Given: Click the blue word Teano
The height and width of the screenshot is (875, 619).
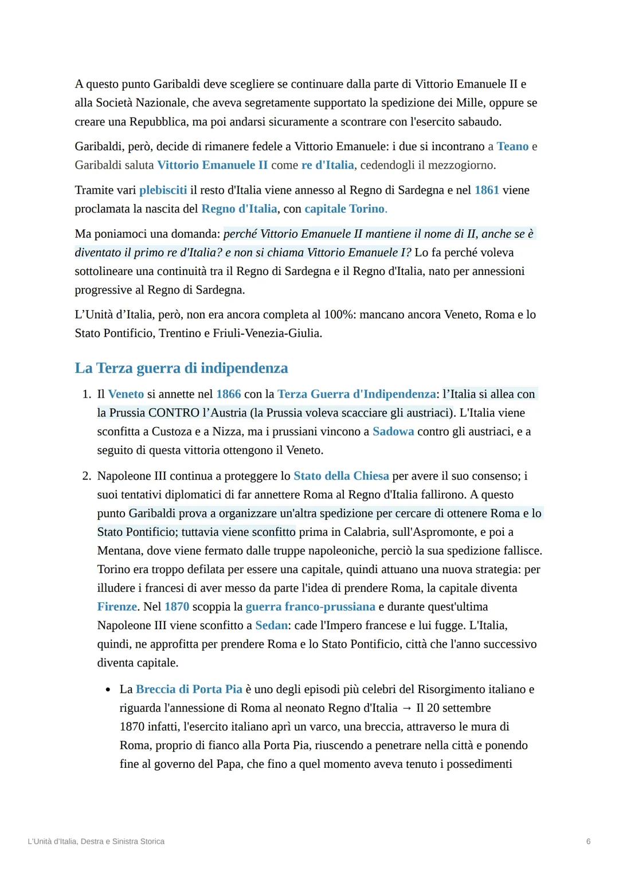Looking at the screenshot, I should click(512, 146).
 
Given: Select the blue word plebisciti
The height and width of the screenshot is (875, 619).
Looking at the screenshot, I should click(163, 190).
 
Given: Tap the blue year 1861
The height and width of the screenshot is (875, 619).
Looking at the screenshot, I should click(487, 190).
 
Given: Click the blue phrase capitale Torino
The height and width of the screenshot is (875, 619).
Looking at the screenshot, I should click(344, 209).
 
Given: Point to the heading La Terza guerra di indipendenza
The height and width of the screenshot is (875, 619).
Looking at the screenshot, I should click(181, 368).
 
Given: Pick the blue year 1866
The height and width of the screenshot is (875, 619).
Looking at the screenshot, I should click(228, 394).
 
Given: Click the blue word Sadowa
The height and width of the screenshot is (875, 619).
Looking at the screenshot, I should click(393, 431).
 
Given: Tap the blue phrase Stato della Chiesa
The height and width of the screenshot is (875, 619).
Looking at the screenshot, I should click(341, 476).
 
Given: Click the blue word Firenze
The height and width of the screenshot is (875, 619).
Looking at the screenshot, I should click(117, 606).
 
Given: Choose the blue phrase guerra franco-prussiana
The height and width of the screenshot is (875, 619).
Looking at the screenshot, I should click(310, 606).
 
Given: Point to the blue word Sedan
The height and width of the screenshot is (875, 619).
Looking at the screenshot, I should click(271, 625).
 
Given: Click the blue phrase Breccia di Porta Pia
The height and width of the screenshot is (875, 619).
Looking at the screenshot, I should click(189, 689).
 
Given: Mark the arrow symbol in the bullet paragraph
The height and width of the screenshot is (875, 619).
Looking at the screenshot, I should click(407, 708).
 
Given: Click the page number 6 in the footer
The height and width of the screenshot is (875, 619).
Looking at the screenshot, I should click(588, 841).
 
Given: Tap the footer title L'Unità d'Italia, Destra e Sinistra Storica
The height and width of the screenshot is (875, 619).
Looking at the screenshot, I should click(96, 841).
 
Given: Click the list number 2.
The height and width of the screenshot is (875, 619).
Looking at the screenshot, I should click(86, 476).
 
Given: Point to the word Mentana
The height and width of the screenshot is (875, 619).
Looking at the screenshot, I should click(119, 551).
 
